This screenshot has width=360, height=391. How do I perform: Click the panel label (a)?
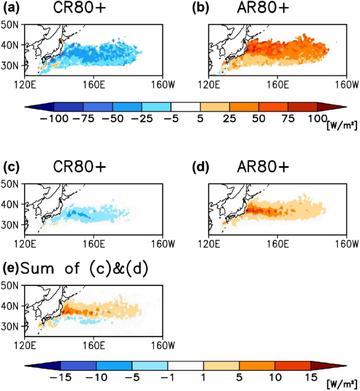11,8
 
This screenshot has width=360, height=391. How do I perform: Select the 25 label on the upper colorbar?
229,119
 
